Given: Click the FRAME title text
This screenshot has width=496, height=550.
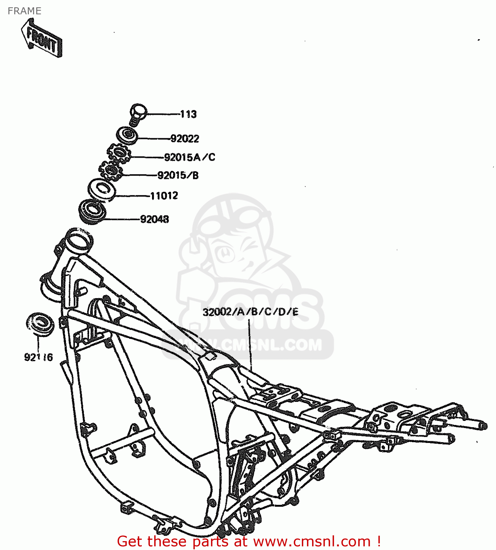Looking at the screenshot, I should point(24,11).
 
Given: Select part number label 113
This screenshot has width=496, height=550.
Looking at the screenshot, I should point(188,114).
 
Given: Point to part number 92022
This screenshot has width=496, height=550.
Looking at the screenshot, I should point(185,139).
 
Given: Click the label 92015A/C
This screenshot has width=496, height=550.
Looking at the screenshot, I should point(189,157).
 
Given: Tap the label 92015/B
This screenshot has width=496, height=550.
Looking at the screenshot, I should point(178,176).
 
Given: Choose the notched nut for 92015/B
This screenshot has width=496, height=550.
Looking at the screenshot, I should point(111,170).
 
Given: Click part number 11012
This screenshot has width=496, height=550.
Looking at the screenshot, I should point(164,196).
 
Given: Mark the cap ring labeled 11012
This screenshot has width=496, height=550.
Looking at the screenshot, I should point(102,190).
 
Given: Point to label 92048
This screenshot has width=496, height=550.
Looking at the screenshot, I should point(155,219).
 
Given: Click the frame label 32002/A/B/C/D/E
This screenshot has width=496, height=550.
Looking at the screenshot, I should point(251,312).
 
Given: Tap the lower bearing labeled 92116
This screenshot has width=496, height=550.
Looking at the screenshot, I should point(40,324).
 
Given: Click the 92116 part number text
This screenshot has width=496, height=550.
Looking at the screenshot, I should point(38,357).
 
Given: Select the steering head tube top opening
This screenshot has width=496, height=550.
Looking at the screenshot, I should point(78,238).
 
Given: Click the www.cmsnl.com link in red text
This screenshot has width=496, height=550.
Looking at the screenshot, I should point(312,541).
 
